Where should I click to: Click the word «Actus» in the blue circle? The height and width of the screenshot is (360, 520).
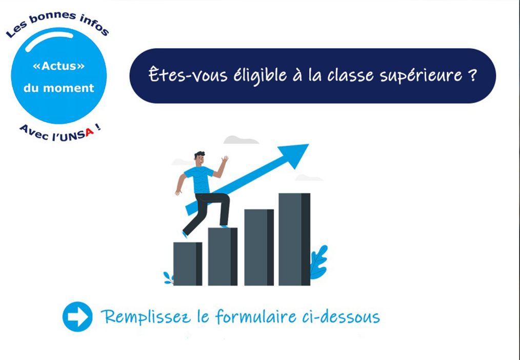[59, 66]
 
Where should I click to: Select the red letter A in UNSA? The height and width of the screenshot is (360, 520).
[89, 133]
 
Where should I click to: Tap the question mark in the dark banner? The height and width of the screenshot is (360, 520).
[473, 75]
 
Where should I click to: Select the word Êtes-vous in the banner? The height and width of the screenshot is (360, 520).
[188, 74]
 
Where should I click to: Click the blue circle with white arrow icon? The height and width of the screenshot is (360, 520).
[77, 316]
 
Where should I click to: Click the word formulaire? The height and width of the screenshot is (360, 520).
[256, 316]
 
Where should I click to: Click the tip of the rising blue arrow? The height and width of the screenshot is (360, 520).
[309, 145]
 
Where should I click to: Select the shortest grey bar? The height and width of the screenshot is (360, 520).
[188, 264]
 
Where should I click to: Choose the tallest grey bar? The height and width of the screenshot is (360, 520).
[294, 239]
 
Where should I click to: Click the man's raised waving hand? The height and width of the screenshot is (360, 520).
[225, 160]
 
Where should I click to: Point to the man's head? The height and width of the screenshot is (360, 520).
[199, 159]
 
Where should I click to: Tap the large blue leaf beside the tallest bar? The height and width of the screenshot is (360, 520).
[318, 262]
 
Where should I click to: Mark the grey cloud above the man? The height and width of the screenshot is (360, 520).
[241, 139]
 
